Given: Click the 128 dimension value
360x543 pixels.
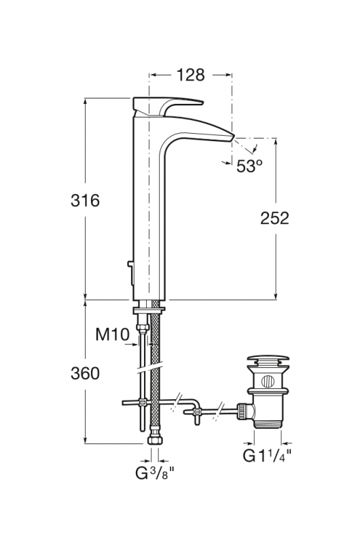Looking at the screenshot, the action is tap(191, 75).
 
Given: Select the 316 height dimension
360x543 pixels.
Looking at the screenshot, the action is tap(85, 200).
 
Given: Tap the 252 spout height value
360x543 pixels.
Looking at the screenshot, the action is tap(274, 218).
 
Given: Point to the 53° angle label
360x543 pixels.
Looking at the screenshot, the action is tap(249, 166).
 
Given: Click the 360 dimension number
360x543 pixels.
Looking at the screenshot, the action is tap(85, 373).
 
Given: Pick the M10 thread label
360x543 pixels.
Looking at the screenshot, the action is tap(112, 335).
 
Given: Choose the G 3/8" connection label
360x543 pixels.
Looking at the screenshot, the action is tap(154, 473).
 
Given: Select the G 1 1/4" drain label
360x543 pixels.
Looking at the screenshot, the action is tap(267, 455).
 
